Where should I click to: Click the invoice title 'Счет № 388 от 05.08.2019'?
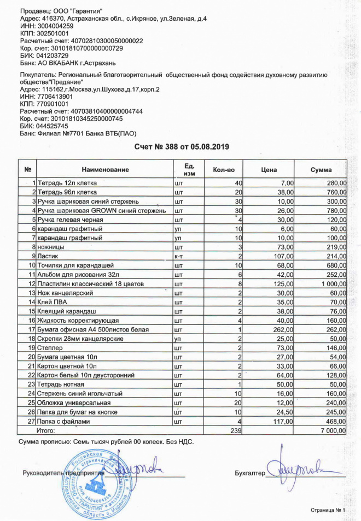(182, 147)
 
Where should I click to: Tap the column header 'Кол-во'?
(223, 170)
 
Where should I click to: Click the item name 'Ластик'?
(48, 256)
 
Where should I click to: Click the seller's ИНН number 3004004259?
(46, 26)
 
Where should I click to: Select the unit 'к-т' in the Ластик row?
(178, 256)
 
